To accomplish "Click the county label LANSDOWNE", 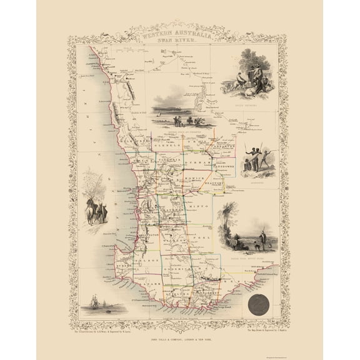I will (x=223, y=167).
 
